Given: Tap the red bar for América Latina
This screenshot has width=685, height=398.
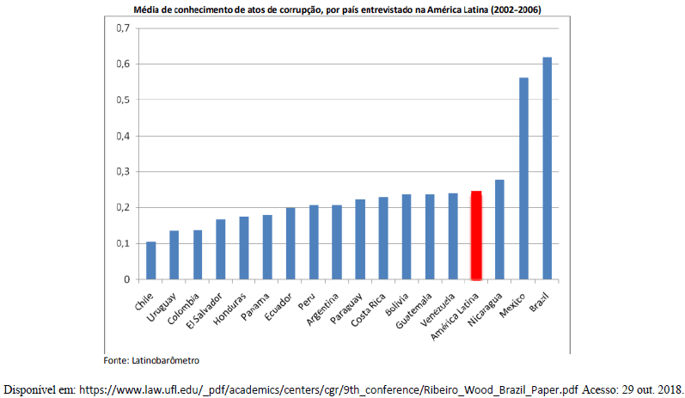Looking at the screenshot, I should [477, 236].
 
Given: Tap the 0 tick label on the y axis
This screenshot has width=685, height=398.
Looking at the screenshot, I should [125, 279].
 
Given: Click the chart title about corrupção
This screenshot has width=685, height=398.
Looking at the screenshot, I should [343, 9].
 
